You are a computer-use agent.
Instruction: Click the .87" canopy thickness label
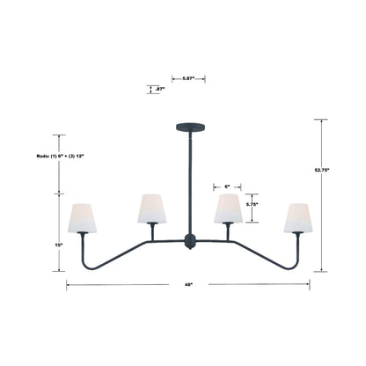[x=159, y=89]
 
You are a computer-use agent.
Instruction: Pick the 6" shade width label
[x=227, y=186]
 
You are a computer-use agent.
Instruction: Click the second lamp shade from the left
[x=151, y=209]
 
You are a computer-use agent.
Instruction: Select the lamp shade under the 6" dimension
[x=228, y=209]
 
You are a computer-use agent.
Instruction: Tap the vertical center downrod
[x=187, y=180]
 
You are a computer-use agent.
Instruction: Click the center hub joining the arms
[x=187, y=240]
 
